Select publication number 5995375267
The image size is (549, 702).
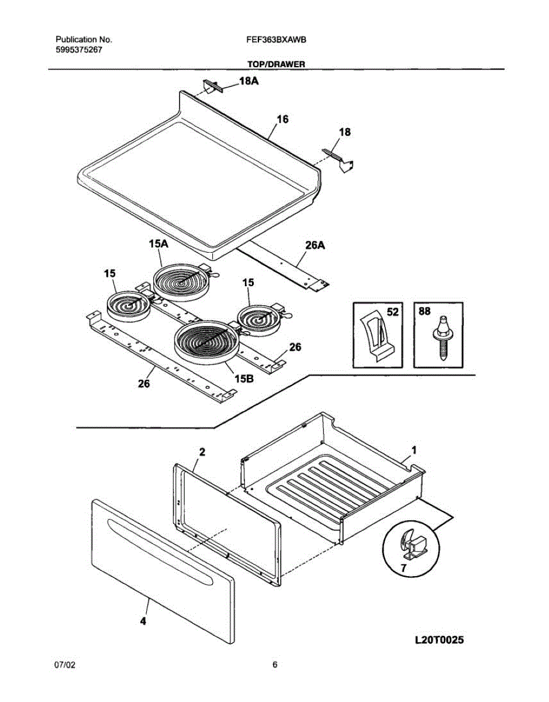pos(79,50)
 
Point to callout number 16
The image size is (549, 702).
pos(282,119)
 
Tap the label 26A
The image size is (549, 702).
pos(315,246)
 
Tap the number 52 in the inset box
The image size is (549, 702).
pos(392,313)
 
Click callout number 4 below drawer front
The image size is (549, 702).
pos(143,622)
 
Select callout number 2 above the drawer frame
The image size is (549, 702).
pos(202,452)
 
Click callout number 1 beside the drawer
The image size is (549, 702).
pos(414,450)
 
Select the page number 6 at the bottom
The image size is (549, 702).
pos(275,665)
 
